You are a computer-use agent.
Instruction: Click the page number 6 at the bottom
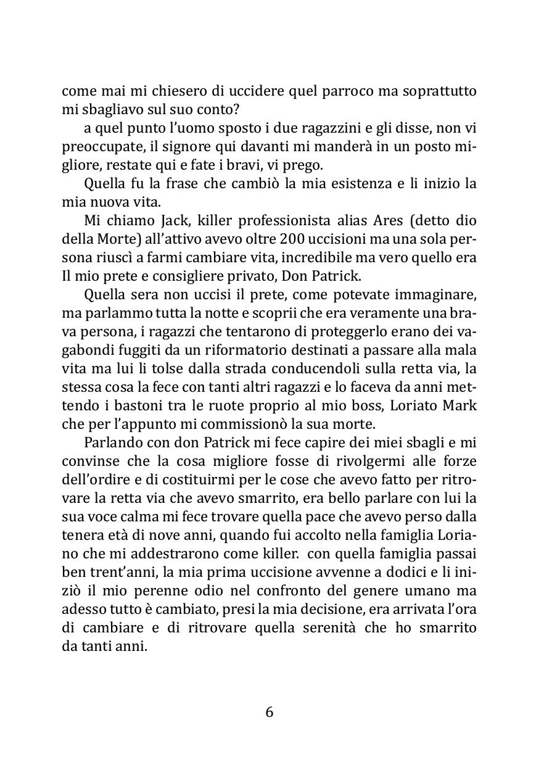tap(269, 712)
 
